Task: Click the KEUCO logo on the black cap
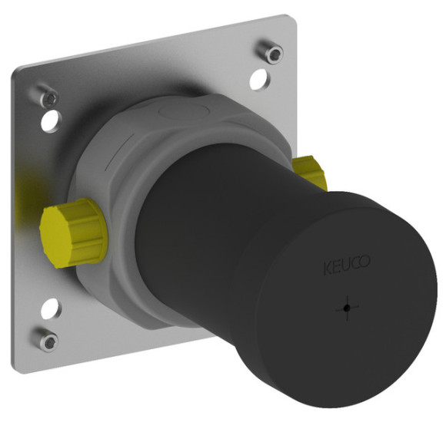tap(347, 265)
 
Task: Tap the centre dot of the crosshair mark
tap(347, 308)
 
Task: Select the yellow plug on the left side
tap(73, 233)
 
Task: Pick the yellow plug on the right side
tap(310, 173)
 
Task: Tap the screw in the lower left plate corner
tap(47, 340)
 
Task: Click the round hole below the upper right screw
tap(258, 80)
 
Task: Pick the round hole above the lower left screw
tap(52, 308)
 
